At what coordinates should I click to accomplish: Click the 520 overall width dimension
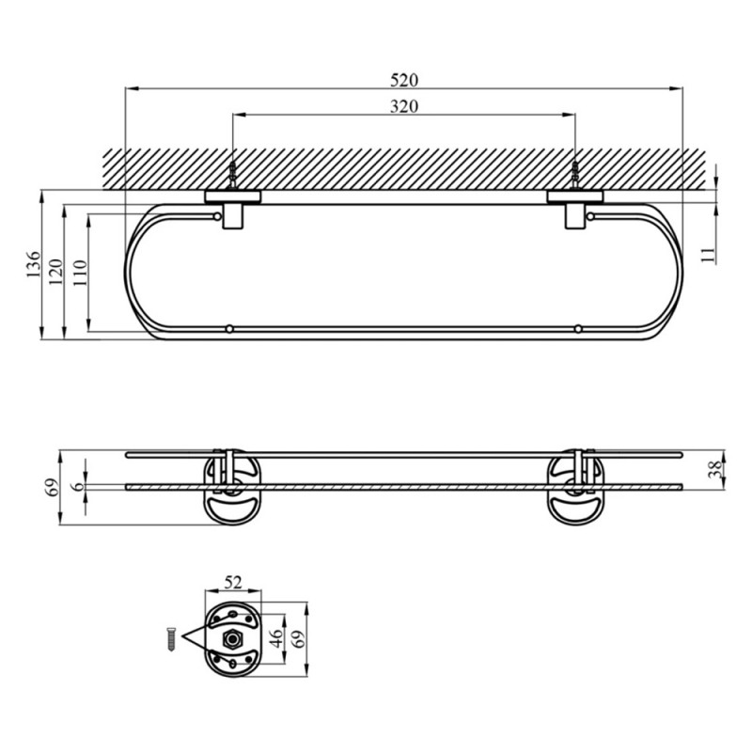[x=404, y=80]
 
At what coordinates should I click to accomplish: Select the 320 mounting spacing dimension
[x=404, y=106]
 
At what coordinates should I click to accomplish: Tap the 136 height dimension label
[x=34, y=264]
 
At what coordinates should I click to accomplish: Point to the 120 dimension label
[x=56, y=272]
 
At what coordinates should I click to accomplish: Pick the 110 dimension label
[x=80, y=273]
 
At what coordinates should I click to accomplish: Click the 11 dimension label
[x=709, y=254]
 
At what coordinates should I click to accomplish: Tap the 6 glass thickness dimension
[x=79, y=486]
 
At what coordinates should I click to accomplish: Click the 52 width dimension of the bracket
[x=232, y=582]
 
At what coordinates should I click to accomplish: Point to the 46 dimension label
[x=276, y=638]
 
